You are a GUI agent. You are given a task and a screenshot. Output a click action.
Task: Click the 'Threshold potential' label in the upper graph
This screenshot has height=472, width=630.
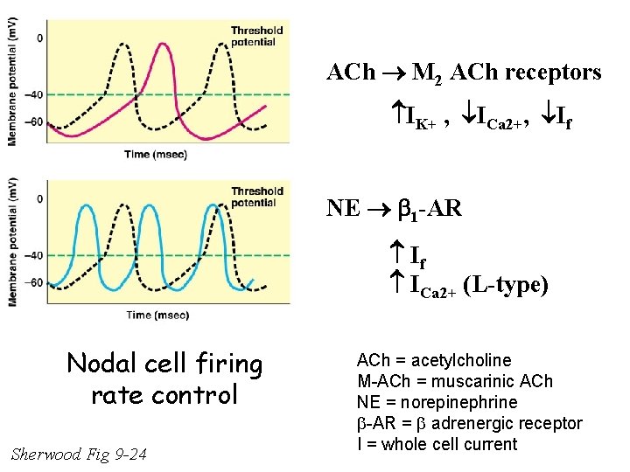(x=256, y=36)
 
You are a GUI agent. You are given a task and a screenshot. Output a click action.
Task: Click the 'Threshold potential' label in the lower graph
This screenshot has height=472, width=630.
(x=256, y=197)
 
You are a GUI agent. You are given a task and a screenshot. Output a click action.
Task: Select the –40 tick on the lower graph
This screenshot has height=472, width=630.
(x=34, y=255)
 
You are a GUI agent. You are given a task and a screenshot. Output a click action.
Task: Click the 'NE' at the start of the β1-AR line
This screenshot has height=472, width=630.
(x=342, y=208)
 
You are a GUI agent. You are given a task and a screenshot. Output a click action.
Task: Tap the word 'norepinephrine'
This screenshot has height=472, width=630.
(x=473, y=402)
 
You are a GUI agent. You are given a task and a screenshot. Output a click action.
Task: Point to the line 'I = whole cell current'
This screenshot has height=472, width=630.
(x=437, y=444)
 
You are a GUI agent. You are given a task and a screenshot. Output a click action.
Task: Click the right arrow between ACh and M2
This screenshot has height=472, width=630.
(x=372, y=73)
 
